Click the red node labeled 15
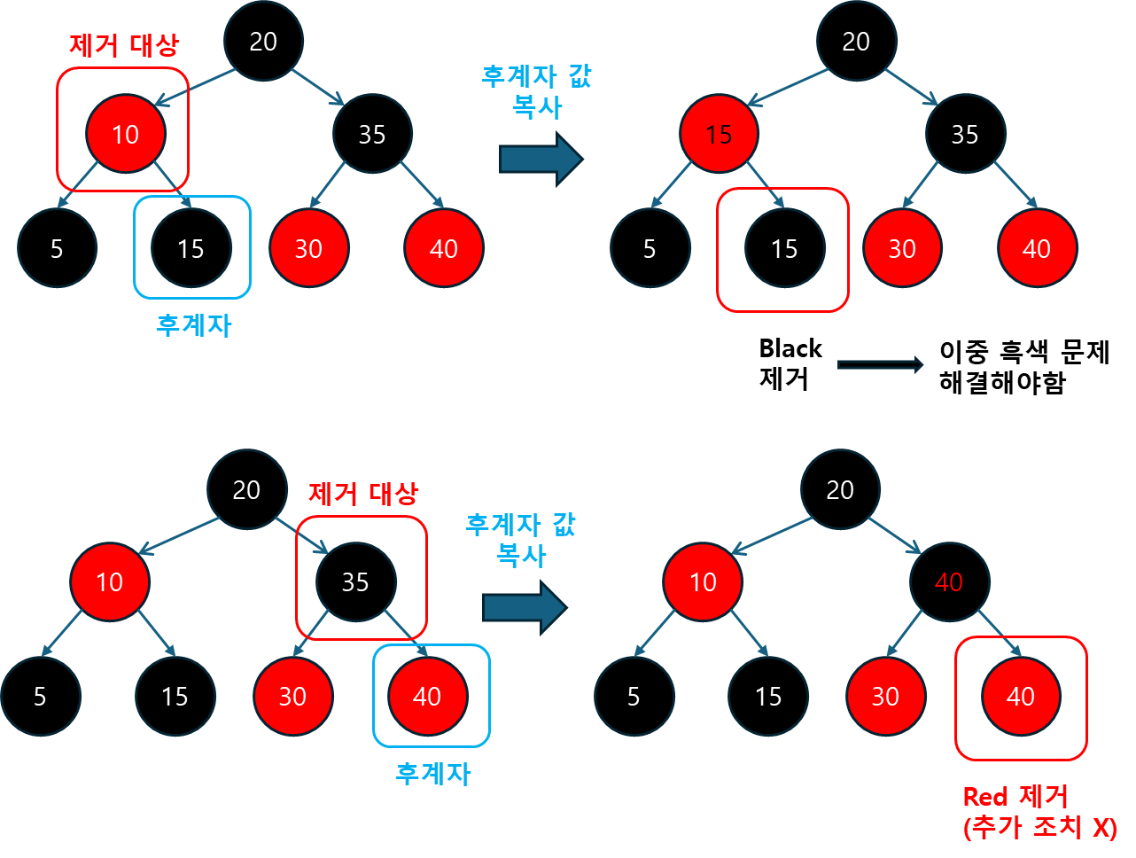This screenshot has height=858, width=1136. tap(719, 134)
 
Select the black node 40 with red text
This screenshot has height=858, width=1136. tap(948, 582)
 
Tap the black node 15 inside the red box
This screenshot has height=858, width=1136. tap(784, 249)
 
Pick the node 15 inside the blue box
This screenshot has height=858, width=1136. tap(191, 249)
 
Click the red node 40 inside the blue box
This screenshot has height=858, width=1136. tap(427, 697)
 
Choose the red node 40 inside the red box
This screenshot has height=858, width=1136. tap(1021, 697)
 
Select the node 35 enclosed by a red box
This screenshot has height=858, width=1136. tap(355, 582)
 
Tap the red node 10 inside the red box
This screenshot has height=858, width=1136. tap(125, 134)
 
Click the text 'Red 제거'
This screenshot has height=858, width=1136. tap(1015, 796)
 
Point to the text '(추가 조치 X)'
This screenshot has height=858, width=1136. tap(1039, 827)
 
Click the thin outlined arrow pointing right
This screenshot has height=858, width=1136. tap(880, 364)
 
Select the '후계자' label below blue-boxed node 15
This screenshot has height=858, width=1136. tap(193, 325)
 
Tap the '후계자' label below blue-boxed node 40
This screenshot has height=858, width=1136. tap(432, 774)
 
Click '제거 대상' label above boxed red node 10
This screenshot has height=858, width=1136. tap(124, 44)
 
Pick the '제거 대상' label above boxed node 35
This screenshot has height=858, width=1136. tap(363, 493)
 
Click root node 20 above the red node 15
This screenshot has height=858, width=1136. tap(856, 42)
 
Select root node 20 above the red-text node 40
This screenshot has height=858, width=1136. tap(840, 490)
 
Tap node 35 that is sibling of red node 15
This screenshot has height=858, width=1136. tap(965, 134)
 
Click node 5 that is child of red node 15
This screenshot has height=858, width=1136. tap(650, 249)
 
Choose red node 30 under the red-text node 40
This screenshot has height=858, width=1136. tap(885, 697)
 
